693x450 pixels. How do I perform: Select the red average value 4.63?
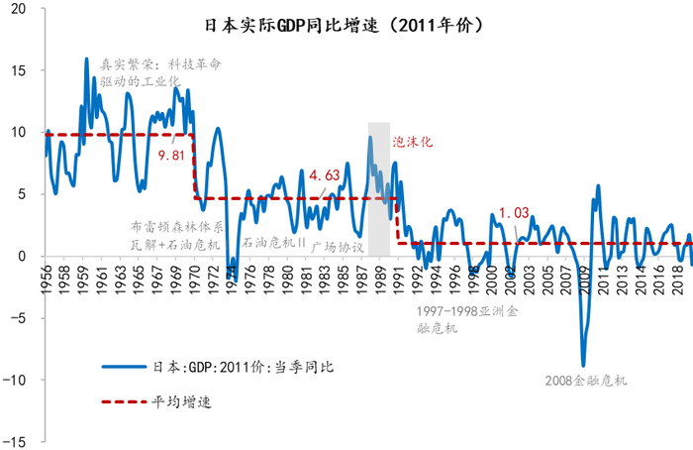click(326, 175)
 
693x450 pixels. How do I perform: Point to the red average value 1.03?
click(514, 212)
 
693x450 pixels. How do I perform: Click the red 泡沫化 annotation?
click(414, 142)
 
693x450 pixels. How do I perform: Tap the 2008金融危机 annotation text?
click(587, 380)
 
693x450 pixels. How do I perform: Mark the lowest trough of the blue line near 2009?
click(583, 366)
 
